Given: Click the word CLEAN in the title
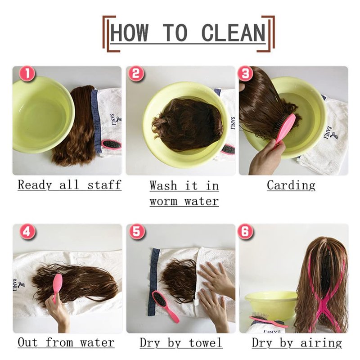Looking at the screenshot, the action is click(233, 32).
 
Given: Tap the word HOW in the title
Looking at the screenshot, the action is click(129, 32).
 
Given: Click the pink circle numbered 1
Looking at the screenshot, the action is click(27, 74).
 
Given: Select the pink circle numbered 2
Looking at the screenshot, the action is click(136, 74).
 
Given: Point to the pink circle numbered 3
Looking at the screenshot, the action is click(245, 74).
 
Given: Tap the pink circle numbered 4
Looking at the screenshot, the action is click(27, 231).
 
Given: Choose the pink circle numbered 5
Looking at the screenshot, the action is click(137, 231).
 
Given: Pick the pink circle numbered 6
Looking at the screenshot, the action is click(245, 231).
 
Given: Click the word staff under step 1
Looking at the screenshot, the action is click(104, 184).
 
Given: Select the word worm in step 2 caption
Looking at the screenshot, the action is click(163, 201).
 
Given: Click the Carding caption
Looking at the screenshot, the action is click(291, 185).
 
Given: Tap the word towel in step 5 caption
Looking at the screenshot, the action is click(206, 343).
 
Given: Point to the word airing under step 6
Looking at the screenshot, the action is click(321, 343).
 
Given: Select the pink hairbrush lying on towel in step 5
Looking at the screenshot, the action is click(165, 306).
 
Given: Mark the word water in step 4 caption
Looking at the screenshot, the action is click(97, 343).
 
